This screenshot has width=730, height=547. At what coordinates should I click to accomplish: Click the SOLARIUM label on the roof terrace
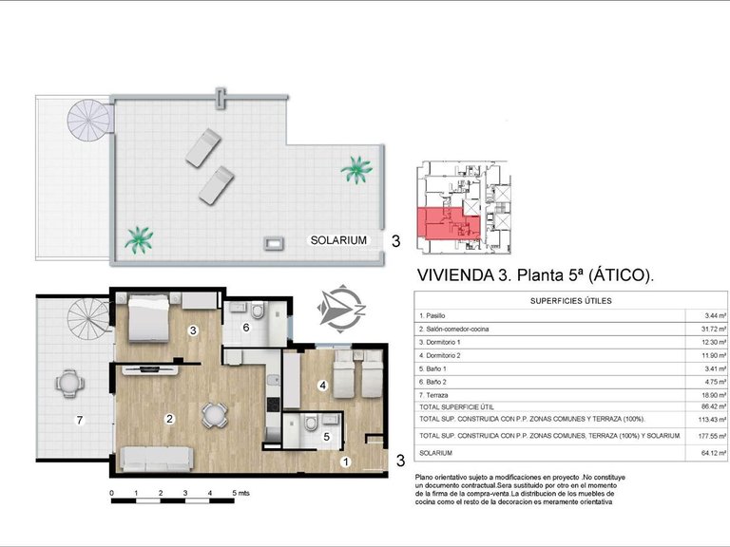pyautogui.click(x=338, y=240)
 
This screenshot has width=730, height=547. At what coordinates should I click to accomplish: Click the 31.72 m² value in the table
pyautogui.click(x=713, y=329)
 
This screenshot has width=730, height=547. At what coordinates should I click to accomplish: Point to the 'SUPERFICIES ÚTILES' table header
pyautogui.click(x=570, y=301)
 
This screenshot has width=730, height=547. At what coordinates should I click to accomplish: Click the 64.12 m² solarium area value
pyautogui.click(x=713, y=465)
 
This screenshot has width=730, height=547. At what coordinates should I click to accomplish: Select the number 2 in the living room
pyautogui.click(x=169, y=418)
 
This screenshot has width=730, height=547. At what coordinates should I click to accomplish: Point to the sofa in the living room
pyautogui.click(x=155, y=458)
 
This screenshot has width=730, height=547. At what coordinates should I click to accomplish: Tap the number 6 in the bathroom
pyautogui.click(x=245, y=328)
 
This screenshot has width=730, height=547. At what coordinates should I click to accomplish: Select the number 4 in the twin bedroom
pyautogui.click(x=323, y=386)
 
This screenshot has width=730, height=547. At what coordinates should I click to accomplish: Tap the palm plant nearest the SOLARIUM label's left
pyautogui.click(x=139, y=238)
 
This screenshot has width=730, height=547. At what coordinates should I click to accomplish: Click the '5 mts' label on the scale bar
pyautogui.click(x=240, y=494)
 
